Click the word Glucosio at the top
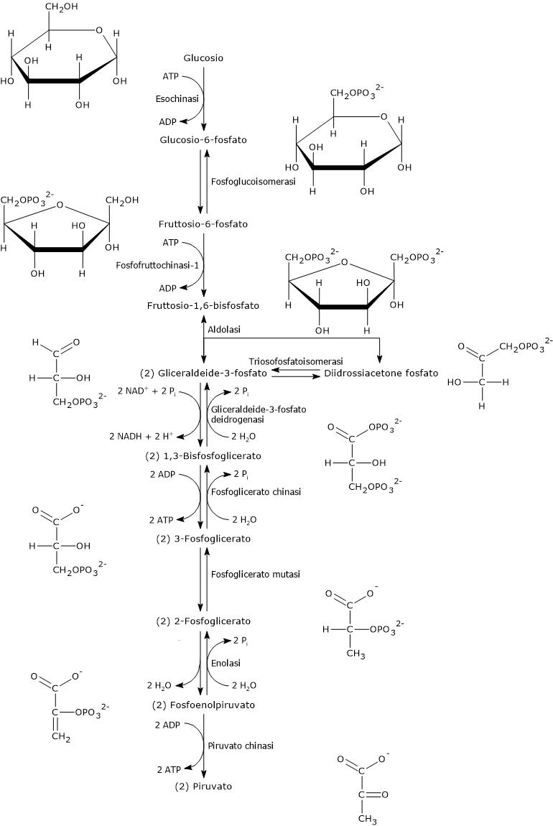204,57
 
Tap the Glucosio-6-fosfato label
203,140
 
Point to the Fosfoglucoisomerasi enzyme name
254,182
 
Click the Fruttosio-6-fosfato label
203,224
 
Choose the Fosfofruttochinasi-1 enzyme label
156,265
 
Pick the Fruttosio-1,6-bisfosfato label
203,306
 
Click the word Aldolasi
223,329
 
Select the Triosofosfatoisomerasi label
296,361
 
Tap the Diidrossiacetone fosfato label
381,373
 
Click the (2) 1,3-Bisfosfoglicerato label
203,456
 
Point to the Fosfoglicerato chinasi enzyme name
255,492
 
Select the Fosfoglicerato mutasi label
255,575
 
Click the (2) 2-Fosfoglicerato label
203,621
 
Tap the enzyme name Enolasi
225,662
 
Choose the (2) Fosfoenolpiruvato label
204,705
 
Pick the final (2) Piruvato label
203,786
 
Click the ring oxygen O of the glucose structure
98,31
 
